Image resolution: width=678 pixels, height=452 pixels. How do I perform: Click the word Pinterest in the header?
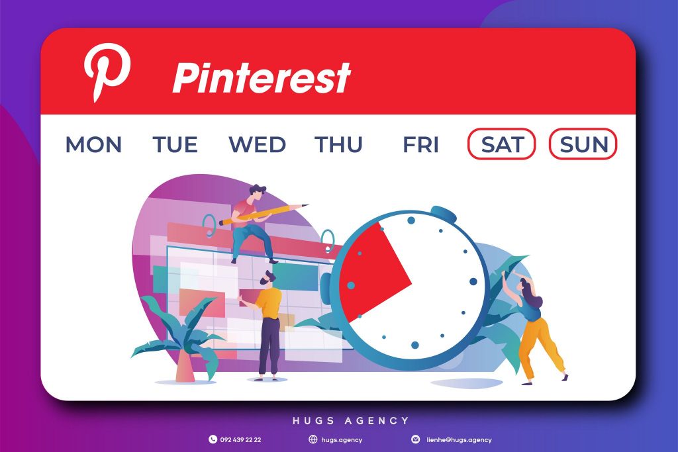coord(262,77)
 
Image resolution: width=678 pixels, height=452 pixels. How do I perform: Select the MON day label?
coord(93,144)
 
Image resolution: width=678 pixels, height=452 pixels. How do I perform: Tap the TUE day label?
coord(175,144)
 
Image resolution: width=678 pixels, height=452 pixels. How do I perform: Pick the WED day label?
coord(258,144)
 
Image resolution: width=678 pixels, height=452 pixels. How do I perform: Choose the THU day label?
coord(338,144)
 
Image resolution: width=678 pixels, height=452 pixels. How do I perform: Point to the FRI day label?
coord(420,144)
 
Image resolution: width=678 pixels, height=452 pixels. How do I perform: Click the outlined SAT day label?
coord(502,144)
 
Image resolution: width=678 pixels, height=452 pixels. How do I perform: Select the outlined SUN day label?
coord(583,144)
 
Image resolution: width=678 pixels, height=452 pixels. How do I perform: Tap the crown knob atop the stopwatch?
coord(444,213)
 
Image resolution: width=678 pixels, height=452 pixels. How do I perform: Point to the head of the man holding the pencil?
coord(258,193)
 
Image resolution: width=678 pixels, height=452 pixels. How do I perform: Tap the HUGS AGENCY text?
coord(351,420)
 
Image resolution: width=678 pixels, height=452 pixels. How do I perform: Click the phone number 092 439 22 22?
coord(241,440)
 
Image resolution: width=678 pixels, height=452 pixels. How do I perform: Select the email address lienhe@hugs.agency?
coord(460,440)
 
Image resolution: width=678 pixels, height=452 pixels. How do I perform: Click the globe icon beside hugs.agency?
coord(313,439)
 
